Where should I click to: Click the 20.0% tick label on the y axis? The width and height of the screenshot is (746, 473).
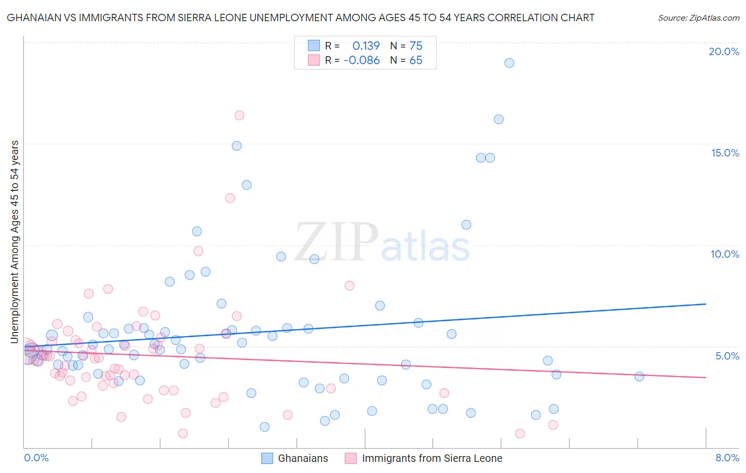point(724,51)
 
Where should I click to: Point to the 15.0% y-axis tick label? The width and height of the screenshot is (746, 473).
point(725,153)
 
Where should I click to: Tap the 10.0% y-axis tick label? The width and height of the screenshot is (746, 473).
point(725,254)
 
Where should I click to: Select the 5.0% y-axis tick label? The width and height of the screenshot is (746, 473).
point(727,356)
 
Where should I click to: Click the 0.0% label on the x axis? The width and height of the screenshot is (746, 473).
point(36,458)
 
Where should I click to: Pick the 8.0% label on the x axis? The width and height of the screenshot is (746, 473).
point(727,458)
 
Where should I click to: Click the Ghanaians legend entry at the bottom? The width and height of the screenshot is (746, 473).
point(302,458)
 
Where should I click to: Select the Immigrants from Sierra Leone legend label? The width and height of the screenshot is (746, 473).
point(431,458)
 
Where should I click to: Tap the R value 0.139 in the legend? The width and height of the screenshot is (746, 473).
point(366,46)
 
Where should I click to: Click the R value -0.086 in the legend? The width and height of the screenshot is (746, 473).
point(361,60)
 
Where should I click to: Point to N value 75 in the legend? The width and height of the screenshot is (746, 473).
point(416,46)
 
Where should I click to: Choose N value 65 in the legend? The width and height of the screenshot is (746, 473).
point(416,60)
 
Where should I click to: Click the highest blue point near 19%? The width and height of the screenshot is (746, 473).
point(509,63)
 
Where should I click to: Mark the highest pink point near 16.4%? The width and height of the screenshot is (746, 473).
point(239,115)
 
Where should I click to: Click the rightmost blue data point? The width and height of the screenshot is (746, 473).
point(639,376)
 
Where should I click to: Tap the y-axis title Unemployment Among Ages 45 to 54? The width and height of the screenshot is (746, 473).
point(15,241)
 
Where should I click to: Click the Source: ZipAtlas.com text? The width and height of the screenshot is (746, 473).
point(698,18)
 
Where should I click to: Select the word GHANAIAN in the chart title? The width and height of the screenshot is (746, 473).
point(32,18)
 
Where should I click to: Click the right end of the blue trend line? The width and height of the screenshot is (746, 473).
point(706,304)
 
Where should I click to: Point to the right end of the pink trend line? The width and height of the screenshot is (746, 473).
point(706,378)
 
